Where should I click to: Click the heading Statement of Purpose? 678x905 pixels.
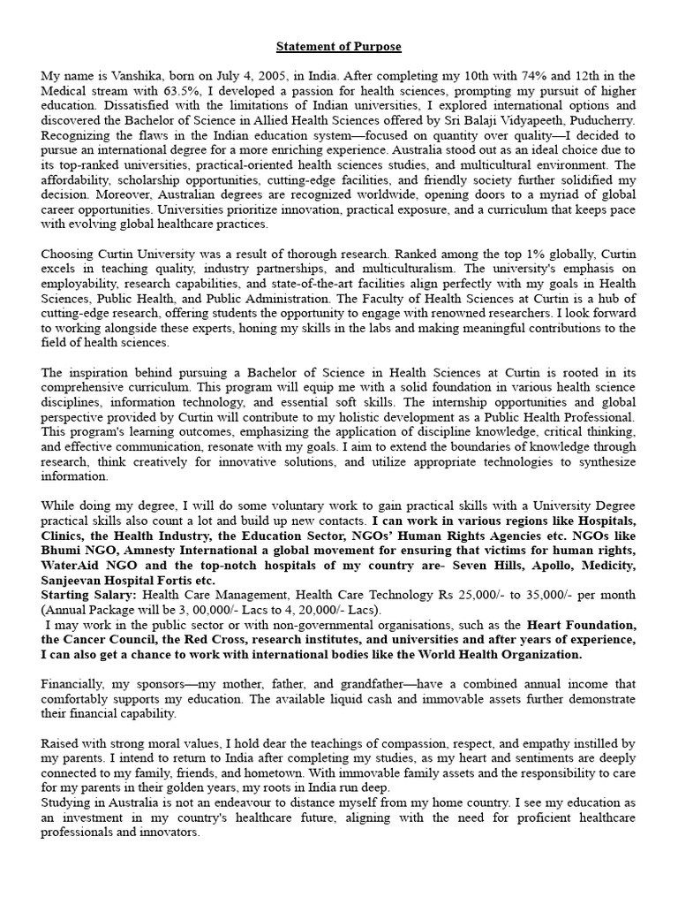pyautogui.click(x=339, y=46)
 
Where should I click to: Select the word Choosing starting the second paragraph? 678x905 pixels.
pyautogui.click(x=69, y=254)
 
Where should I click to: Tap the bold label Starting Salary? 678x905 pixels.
pyautogui.click(x=86, y=595)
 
